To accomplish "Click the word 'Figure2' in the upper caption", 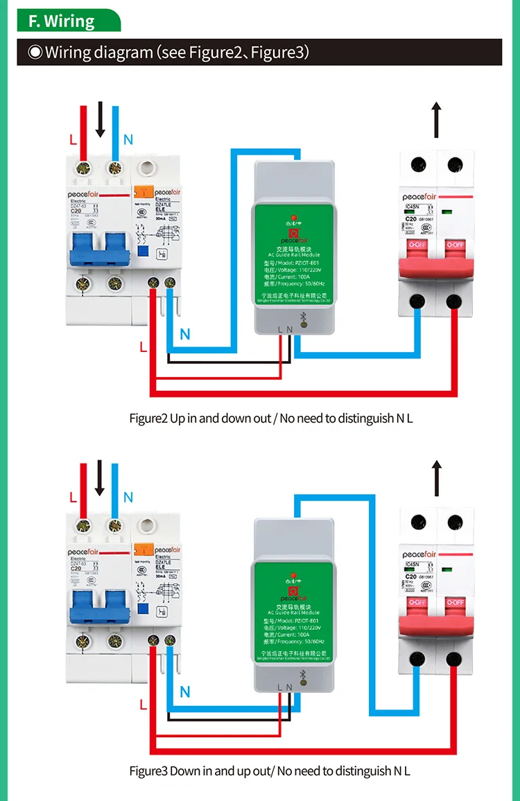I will pos(148,419).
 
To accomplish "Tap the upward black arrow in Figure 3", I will pos(436,479).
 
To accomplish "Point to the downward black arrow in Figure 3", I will pos(100,477).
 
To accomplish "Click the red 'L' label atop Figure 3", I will pos(73,498).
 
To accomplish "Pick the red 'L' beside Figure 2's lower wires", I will pos(144,347).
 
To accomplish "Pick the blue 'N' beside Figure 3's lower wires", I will pos(185,692).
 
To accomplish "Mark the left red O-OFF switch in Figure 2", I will pos(417,244).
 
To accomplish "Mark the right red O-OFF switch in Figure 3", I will pos(455,602).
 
